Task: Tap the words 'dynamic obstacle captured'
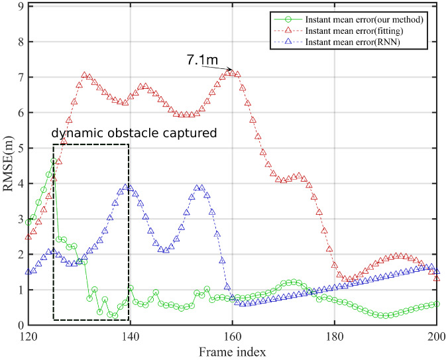(x=135, y=133)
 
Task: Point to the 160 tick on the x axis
(x=233, y=336)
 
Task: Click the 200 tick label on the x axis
(x=437, y=336)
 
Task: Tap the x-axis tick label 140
(x=131, y=336)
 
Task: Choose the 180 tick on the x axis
(x=335, y=336)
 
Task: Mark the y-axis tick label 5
(x=20, y=149)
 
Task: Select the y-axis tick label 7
(x=20, y=78)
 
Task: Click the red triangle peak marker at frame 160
(x=233, y=73)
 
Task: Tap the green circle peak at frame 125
(x=54, y=162)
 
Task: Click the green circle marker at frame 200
(x=437, y=304)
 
